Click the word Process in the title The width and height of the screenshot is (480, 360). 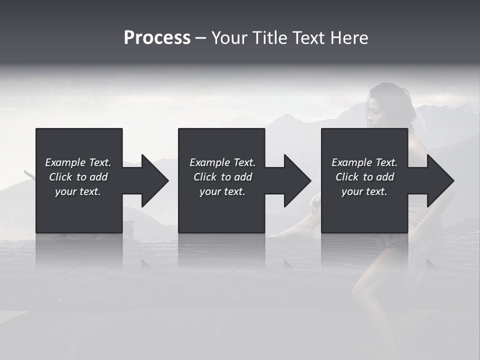157,38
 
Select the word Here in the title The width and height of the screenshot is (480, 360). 349,38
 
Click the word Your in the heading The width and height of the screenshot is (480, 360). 229,38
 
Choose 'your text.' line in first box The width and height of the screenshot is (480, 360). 78,191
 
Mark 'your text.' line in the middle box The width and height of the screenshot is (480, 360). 222,191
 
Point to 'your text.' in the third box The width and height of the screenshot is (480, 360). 364,191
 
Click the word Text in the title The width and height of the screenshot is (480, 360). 308,38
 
